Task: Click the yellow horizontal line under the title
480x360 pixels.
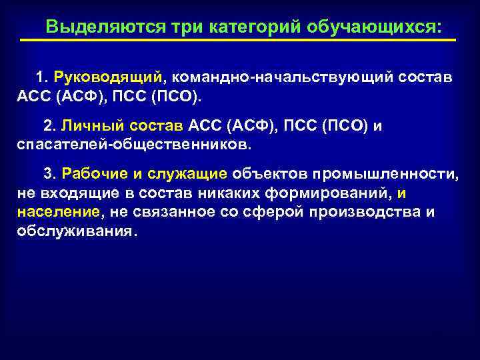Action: click(238, 41)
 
